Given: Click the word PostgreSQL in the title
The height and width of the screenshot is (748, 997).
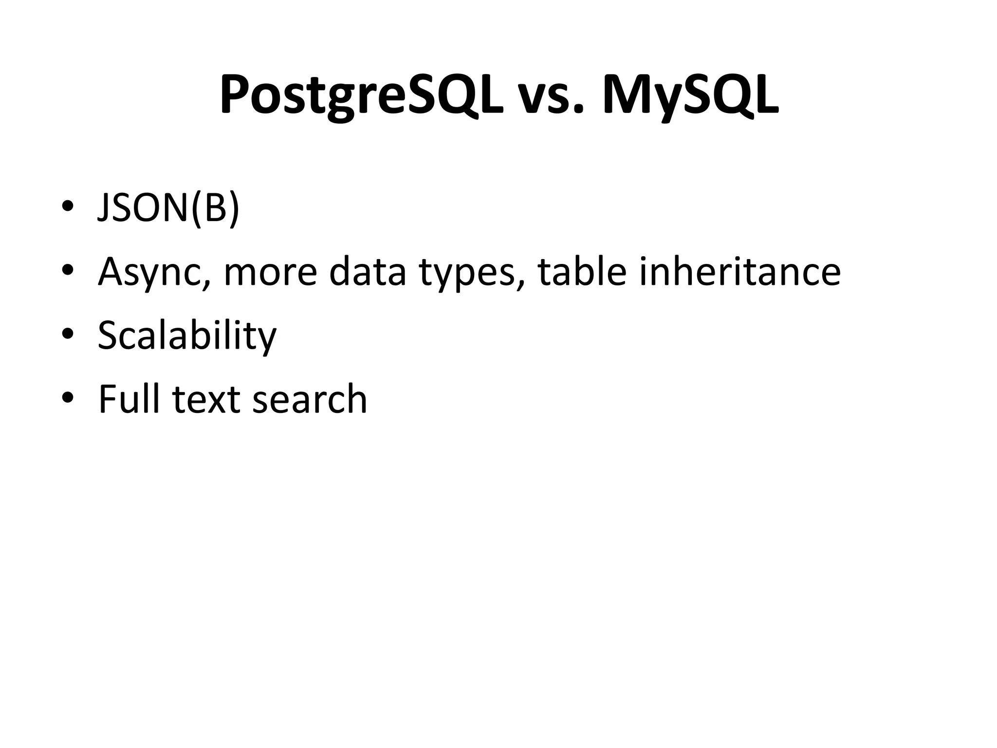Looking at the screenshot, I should (x=361, y=95).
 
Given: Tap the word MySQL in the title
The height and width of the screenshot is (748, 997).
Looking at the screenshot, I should (x=690, y=95).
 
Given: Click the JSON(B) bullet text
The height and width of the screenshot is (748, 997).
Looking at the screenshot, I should (x=168, y=208).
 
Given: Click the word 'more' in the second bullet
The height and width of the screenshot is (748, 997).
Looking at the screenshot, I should (x=270, y=273).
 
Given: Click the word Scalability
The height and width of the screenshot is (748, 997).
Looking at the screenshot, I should (x=187, y=336).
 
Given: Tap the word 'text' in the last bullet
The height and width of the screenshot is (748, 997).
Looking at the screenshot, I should (x=206, y=399).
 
